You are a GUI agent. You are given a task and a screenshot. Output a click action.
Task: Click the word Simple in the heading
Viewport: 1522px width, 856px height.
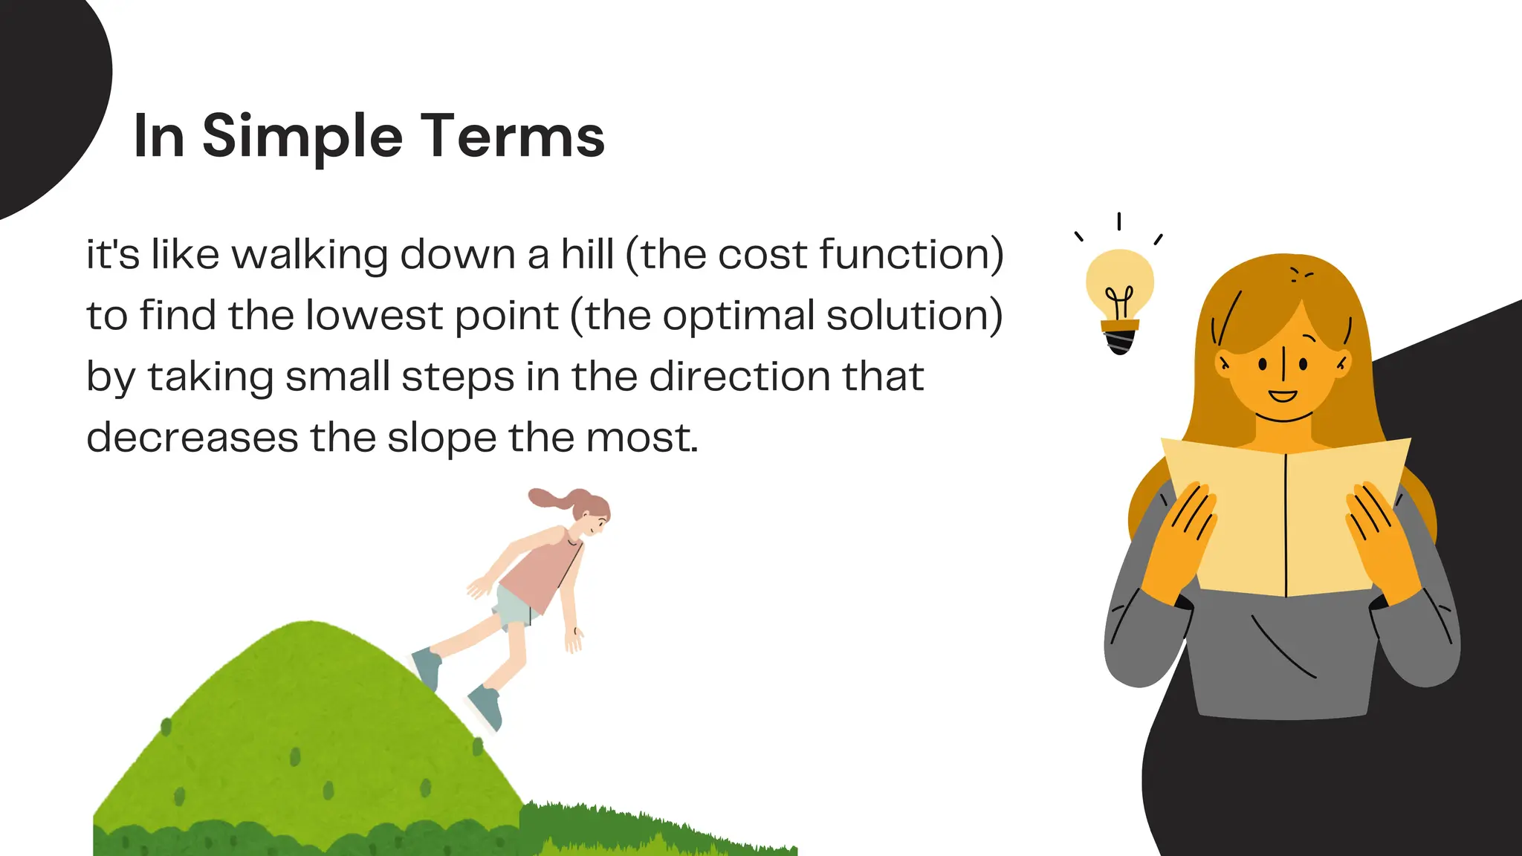point(302,137)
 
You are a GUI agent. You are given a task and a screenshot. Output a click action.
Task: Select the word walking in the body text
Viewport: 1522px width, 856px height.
point(309,255)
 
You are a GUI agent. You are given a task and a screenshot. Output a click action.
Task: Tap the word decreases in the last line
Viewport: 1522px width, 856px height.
point(192,438)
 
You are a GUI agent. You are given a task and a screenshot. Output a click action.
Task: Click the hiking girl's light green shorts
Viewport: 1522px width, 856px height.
point(516,606)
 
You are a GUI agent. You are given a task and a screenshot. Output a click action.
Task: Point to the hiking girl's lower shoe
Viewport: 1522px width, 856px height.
point(485,706)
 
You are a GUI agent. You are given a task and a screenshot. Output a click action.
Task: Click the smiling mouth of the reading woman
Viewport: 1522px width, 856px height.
point(1282,395)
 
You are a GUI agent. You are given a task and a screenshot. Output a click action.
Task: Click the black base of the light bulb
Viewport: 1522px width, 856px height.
point(1120,342)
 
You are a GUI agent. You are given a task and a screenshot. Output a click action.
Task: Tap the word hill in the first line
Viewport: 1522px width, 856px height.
point(587,255)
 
